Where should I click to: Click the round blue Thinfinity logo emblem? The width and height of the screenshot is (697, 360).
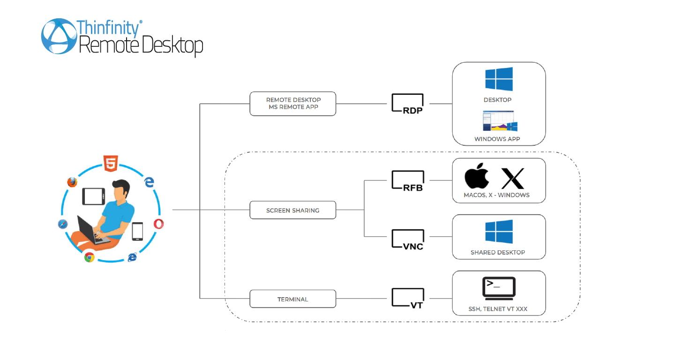pyautogui.click(x=59, y=36)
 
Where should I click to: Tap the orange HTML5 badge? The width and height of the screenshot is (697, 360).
pyautogui.click(x=111, y=164)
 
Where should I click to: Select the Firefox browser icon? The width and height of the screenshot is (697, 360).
pyautogui.click(x=72, y=182)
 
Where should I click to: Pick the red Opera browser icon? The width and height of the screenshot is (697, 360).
pyautogui.click(x=159, y=224)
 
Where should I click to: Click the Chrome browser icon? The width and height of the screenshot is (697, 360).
pyautogui.click(x=90, y=257)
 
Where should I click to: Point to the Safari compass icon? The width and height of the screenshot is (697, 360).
pyautogui.click(x=63, y=224)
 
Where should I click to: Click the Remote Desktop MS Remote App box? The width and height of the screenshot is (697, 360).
pyautogui.click(x=293, y=104)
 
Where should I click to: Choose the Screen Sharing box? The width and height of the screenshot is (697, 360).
pyautogui.click(x=293, y=210)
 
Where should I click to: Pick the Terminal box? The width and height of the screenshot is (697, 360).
pyautogui.click(x=293, y=299)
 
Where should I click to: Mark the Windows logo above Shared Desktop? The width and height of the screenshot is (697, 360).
pyautogui.click(x=499, y=232)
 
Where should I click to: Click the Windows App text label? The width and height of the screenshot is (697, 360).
pyautogui.click(x=497, y=139)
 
